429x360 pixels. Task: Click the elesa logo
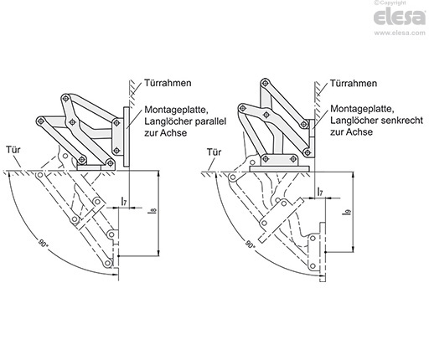[x=400, y=17]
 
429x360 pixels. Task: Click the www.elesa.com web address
[x=400, y=33]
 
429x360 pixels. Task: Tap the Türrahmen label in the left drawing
[x=168, y=83]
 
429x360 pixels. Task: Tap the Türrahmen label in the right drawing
[x=354, y=83]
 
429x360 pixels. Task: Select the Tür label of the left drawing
[x=13, y=150]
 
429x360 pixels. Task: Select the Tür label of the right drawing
[x=214, y=152]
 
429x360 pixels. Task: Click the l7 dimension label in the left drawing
[x=124, y=201]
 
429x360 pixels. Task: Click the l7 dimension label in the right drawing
[x=320, y=192]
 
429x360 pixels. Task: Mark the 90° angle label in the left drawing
[x=42, y=244]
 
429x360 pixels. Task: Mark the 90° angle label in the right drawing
[x=251, y=244]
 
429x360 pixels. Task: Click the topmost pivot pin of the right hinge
[x=265, y=83]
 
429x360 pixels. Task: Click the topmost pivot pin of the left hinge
[x=66, y=98]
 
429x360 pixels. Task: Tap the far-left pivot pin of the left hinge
[x=42, y=121]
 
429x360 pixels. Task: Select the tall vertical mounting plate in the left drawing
[x=126, y=137]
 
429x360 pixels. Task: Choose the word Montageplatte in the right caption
[x=362, y=109]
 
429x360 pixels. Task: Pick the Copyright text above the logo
[x=390, y=3]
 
